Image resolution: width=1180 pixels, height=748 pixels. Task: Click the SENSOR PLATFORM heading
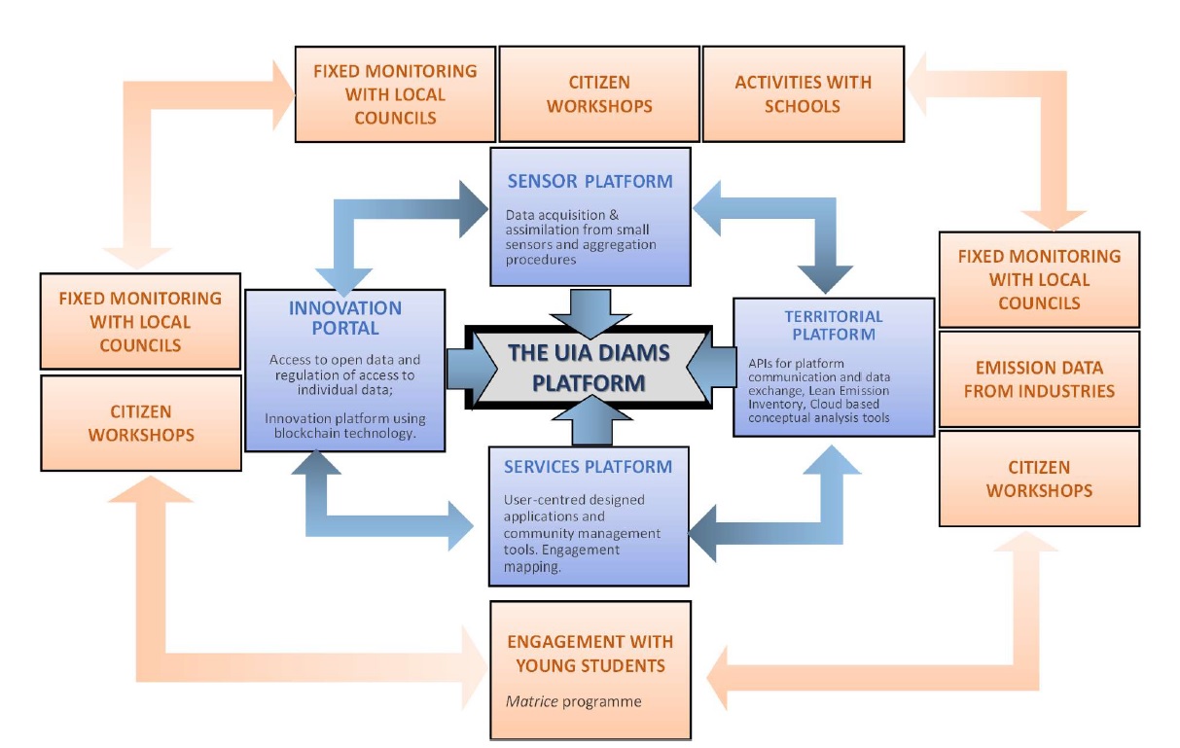590,181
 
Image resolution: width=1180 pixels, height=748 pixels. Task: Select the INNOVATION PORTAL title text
345,318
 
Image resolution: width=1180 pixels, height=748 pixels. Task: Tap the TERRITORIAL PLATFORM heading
834,325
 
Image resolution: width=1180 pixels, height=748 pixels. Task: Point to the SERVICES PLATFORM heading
588,467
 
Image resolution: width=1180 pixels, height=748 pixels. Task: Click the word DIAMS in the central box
623,351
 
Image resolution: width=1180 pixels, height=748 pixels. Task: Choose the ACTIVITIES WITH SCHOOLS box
803,94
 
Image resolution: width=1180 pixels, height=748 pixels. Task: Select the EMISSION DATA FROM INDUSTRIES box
1037,378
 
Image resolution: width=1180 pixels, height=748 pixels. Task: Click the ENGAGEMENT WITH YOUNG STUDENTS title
590,654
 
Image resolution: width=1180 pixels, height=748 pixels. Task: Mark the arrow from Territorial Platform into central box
717,367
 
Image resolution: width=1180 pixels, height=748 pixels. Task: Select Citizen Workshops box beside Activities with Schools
598,94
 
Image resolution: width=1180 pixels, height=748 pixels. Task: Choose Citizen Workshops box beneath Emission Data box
1038,479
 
